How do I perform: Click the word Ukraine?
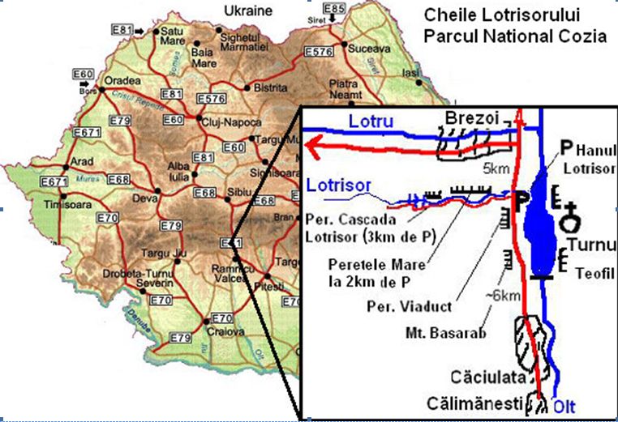pos(248,11)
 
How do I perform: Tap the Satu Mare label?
pos(174,36)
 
